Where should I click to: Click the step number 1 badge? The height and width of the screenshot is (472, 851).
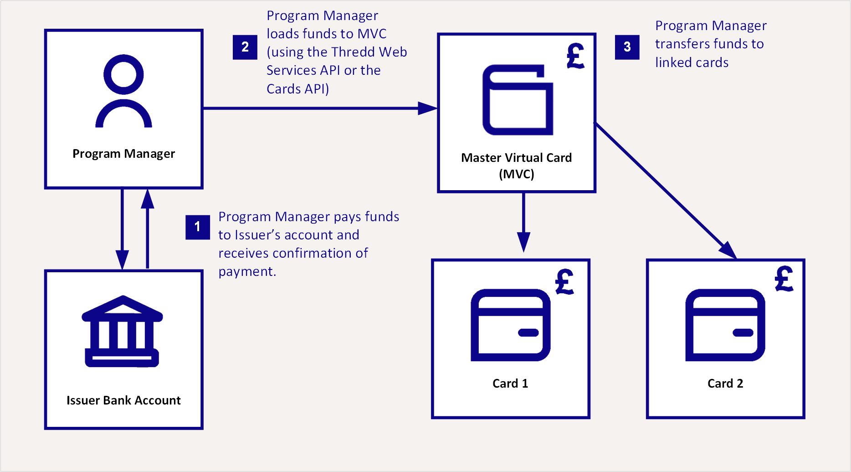coord(198,227)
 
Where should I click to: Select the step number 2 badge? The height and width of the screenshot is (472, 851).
coord(245,47)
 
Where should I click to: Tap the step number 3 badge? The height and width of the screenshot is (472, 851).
coord(627,47)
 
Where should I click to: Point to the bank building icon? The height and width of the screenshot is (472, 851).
coord(122,331)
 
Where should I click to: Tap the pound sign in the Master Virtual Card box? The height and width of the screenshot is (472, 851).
coord(576,56)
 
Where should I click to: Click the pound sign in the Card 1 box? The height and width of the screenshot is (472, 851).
coord(565,281)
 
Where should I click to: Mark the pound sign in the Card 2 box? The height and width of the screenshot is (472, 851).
coord(784,279)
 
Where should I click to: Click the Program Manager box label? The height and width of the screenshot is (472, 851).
coord(123,154)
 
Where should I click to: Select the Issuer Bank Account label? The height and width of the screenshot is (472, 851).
coord(123,400)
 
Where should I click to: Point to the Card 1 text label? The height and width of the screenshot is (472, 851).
coord(510,384)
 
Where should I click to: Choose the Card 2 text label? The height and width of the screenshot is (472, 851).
coord(725,384)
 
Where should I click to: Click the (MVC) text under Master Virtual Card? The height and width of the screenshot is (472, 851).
coord(517,174)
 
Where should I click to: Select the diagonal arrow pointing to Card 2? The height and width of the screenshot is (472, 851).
coord(666,191)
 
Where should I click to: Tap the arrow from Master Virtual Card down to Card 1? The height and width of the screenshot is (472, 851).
coord(523,223)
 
